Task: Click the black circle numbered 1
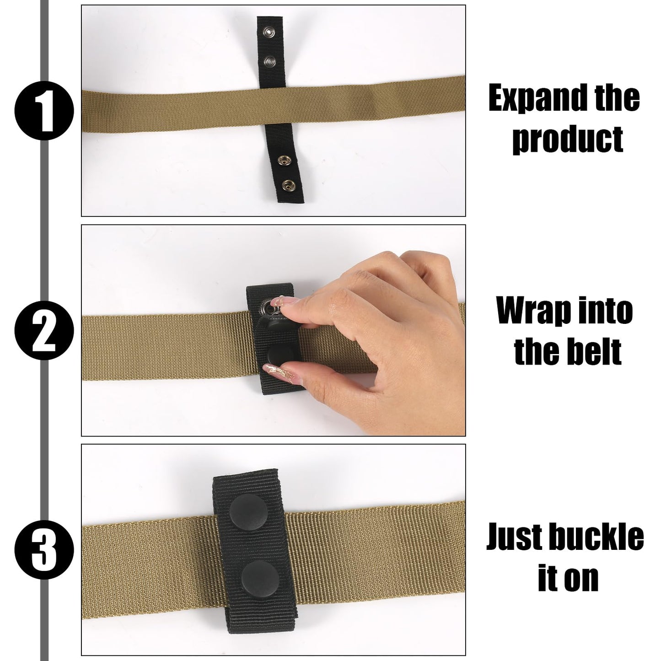44,111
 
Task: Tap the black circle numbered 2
44,331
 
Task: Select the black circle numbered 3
44,550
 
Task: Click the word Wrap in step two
532,311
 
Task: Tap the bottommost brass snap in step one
288,186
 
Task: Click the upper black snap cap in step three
248,512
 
